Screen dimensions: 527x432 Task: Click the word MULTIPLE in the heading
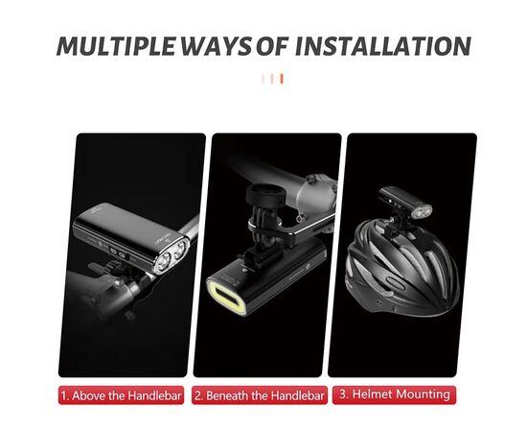(116, 46)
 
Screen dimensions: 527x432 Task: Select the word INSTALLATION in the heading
(383, 46)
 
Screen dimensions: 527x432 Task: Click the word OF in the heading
(272, 46)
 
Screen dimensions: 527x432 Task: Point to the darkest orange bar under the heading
(282, 79)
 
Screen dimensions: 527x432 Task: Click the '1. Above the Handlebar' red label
(121, 396)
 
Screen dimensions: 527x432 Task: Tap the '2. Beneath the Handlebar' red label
(260, 396)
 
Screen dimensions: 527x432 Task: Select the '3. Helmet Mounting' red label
(394, 395)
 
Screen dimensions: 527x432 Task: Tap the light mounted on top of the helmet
(404, 203)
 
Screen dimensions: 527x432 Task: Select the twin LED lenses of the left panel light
(172, 256)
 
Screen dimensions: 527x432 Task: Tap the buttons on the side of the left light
(118, 253)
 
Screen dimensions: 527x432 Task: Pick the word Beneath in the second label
(229, 396)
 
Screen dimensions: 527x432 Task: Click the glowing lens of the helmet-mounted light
(423, 212)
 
